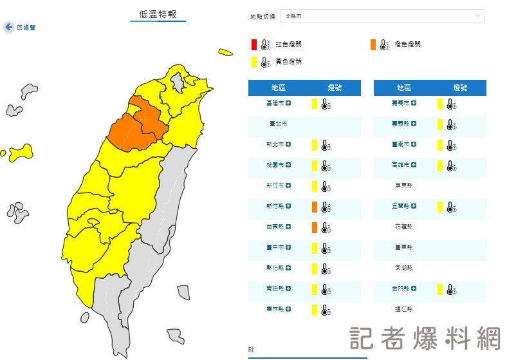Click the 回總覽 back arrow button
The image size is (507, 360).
point(9,27)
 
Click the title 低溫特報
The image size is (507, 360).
point(158,14)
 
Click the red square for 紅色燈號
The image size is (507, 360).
point(254,44)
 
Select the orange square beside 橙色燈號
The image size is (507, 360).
point(373,44)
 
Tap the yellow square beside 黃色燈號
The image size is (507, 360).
point(254,62)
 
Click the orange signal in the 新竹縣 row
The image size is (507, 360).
point(315,207)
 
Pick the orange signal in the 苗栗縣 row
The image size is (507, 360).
point(315,227)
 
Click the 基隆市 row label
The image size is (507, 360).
point(273,103)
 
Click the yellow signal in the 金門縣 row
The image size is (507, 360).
point(439,289)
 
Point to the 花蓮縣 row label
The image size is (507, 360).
point(404,227)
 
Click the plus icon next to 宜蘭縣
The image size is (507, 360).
point(414,206)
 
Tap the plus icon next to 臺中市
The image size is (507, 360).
point(288,248)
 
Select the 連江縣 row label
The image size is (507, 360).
point(404,310)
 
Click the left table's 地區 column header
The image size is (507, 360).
point(279,88)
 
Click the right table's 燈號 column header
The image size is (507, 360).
point(460,88)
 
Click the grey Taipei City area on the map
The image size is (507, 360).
point(178,82)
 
